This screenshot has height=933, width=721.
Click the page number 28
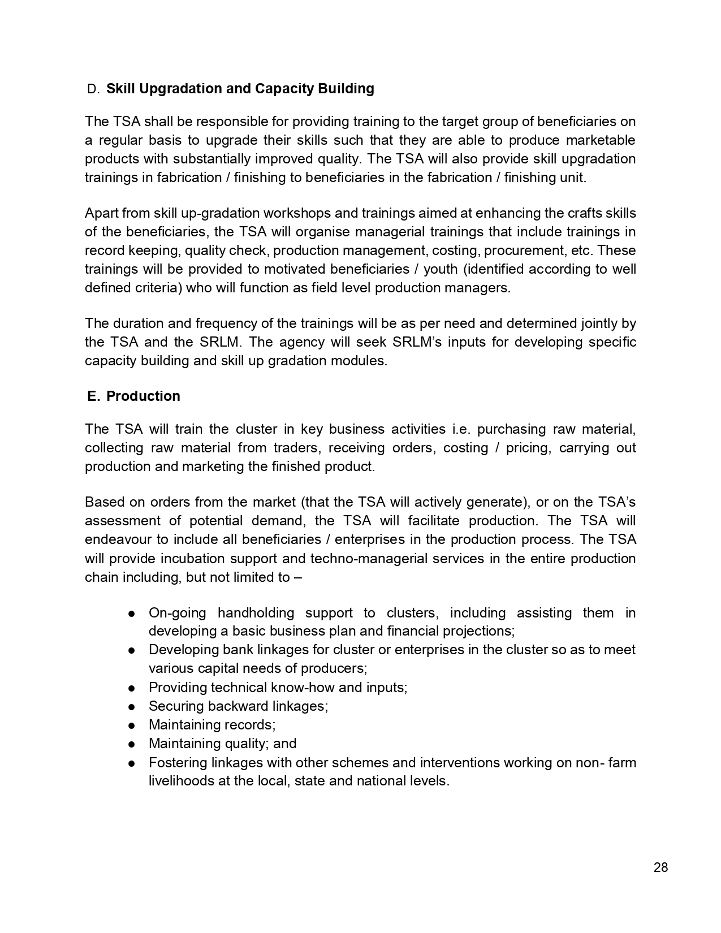[x=660, y=867]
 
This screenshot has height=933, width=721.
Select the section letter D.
[x=93, y=89]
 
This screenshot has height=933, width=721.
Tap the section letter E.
[x=93, y=396]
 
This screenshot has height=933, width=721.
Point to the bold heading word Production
[x=143, y=396]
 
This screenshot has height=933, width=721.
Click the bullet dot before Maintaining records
[x=131, y=725]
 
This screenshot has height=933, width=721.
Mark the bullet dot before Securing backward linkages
[x=131, y=707]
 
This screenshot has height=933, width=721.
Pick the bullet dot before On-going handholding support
[x=131, y=614]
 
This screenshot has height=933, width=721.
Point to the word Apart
[x=101, y=213]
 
